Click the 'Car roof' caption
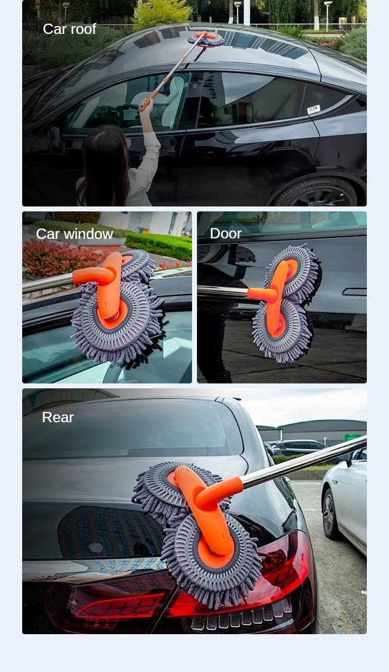(69, 29)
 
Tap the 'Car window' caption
(74, 234)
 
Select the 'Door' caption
(226, 234)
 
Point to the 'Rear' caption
(58, 417)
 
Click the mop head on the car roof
(206, 39)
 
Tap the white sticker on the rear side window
(314, 109)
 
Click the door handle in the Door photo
(355, 292)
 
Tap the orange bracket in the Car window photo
(106, 285)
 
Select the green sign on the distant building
(352, 437)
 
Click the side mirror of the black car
(55, 140)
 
